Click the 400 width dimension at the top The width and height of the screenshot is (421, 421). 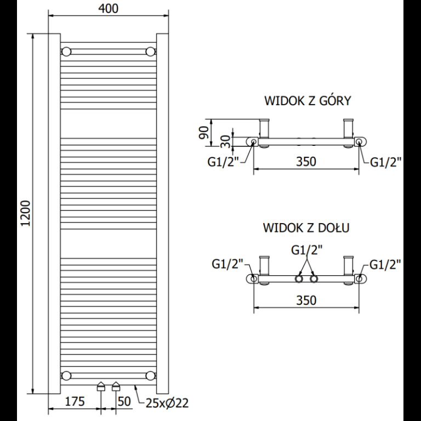(x=108, y=9)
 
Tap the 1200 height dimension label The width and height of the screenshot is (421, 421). (x=26, y=213)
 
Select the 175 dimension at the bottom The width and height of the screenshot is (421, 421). (x=75, y=401)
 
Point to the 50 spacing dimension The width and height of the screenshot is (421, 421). (x=124, y=401)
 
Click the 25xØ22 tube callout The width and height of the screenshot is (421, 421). (x=167, y=403)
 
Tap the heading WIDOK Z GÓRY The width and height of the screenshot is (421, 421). (x=308, y=100)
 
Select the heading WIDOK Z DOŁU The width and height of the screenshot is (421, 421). (x=306, y=227)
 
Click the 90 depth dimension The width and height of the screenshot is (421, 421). (x=204, y=132)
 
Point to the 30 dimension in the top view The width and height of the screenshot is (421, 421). (x=226, y=141)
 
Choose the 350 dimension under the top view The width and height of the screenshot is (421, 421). (x=306, y=161)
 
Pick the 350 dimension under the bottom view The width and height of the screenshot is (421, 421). (x=306, y=300)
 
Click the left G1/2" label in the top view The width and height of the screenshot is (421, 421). (x=223, y=162)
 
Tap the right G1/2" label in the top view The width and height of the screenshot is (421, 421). (x=385, y=162)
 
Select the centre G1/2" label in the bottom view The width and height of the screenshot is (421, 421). (x=306, y=250)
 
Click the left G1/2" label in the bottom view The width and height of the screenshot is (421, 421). (x=227, y=264)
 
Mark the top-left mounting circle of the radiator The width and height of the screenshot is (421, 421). (x=66, y=52)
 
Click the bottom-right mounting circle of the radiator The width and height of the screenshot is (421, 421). (x=150, y=376)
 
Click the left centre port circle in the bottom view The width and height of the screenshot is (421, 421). (x=299, y=278)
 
